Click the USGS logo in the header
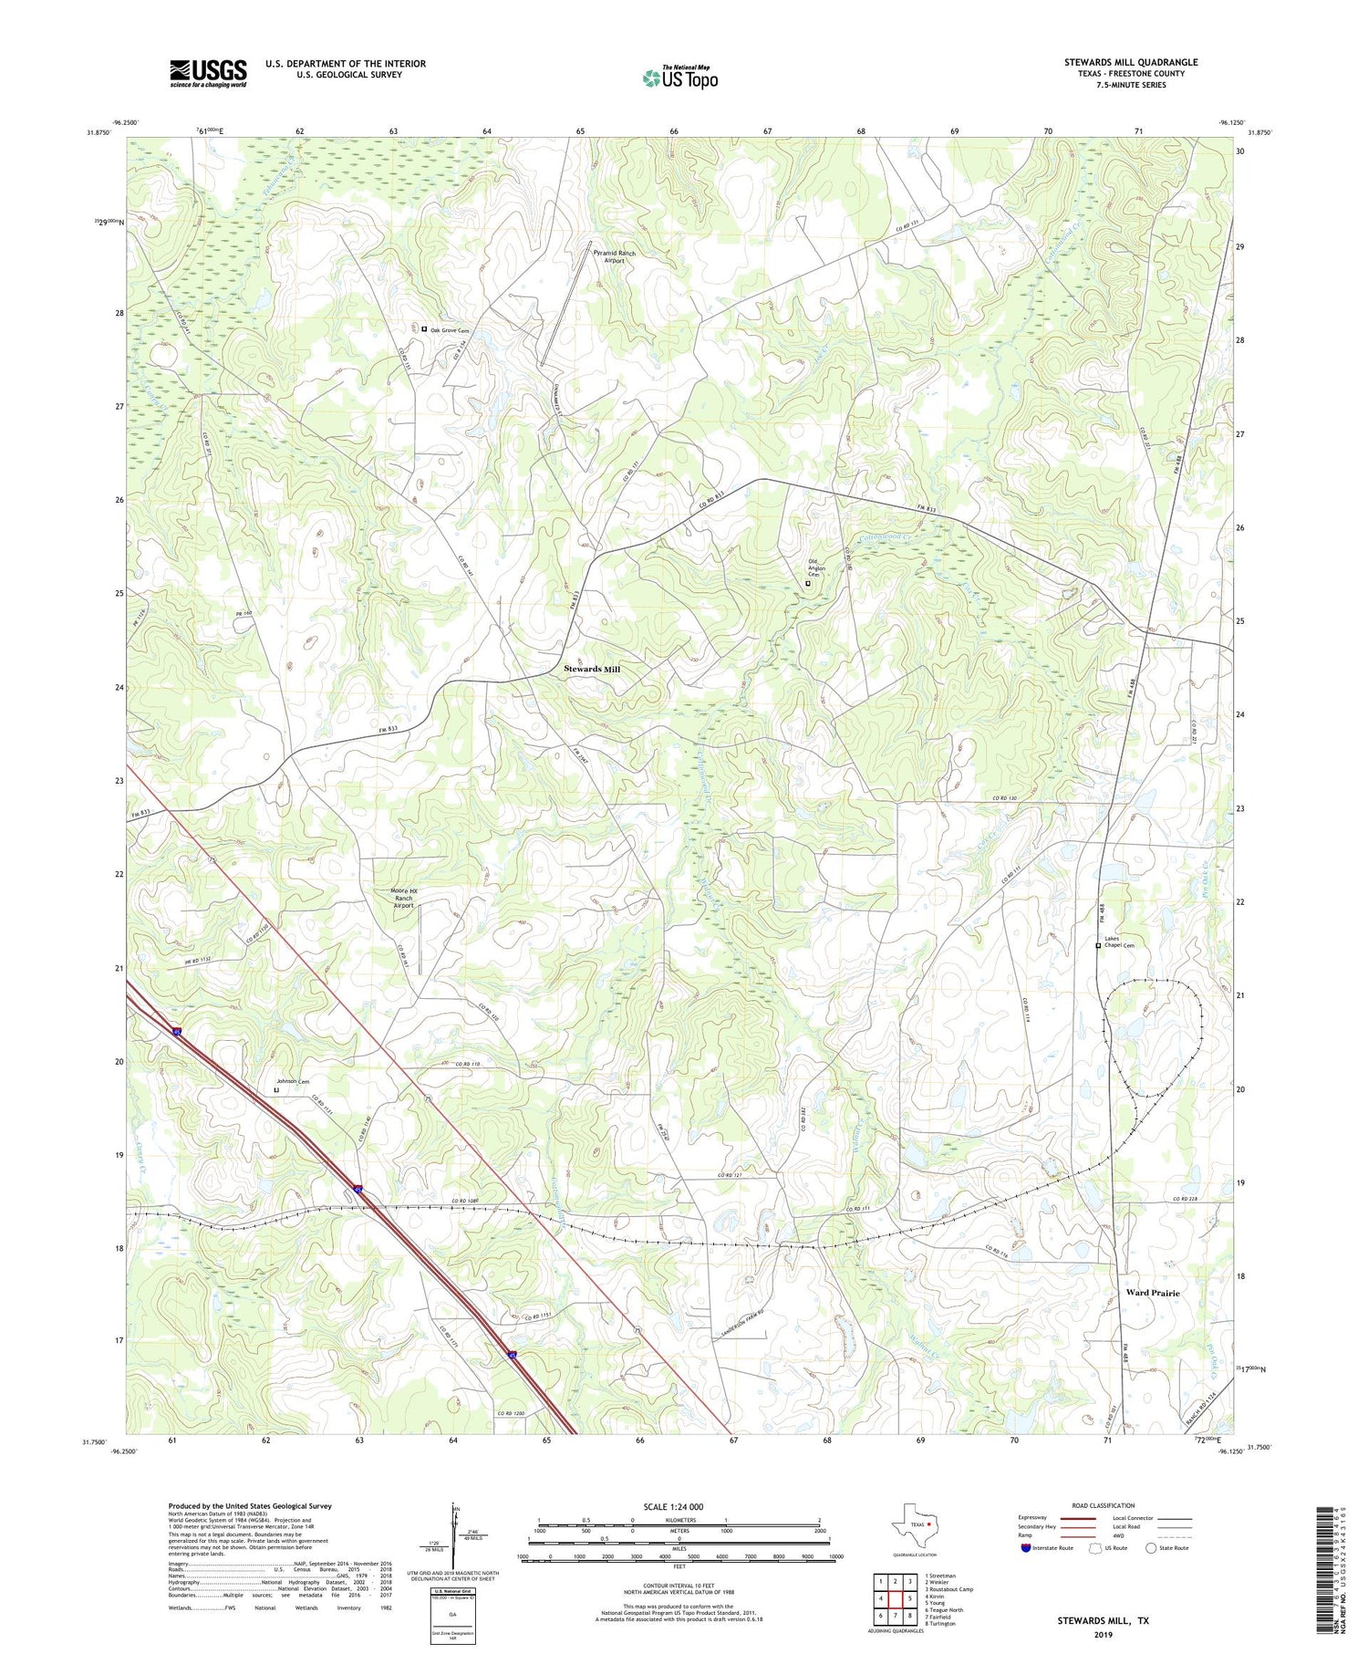tap(207, 73)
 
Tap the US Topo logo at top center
tap(679, 78)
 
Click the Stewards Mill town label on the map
tap(591, 670)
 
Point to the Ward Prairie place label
tap(1152, 1293)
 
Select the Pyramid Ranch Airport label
tap(614, 256)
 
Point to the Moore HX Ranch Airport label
tap(399, 898)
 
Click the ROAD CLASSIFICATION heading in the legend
tap(1103, 1505)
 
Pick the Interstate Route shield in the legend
tap(1026, 1548)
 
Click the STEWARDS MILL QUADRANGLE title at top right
tap(1130, 62)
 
